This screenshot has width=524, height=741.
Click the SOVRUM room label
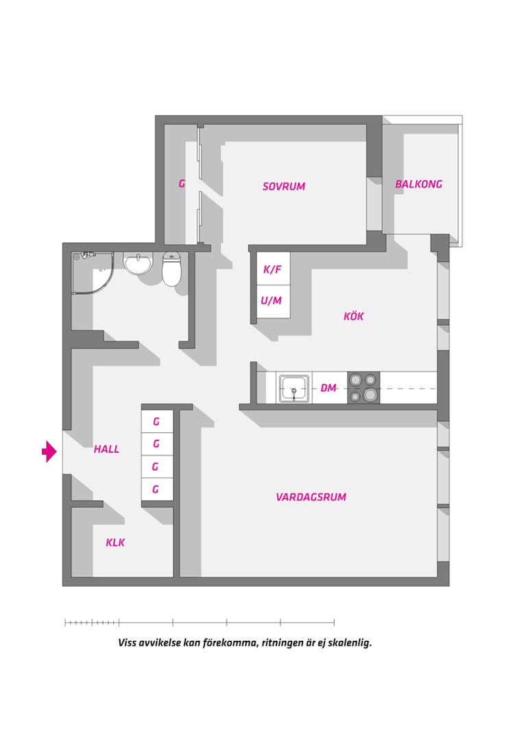click(283, 186)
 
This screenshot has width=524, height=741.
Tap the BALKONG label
click(418, 184)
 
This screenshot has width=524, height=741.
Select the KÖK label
click(353, 316)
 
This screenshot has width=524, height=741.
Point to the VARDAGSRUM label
click(311, 497)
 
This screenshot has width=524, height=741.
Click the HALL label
click(106, 449)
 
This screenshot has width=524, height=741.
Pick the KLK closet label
click(115, 542)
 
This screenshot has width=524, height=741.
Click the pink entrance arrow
click(49, 451)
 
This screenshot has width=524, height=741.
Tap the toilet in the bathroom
click(171, 269)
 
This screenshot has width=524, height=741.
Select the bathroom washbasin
click(138, 263)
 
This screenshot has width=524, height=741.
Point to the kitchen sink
click(294, 388)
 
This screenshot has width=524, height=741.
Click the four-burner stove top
click(364, 388)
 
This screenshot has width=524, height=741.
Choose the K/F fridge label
click(272, 270)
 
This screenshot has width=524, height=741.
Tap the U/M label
click(271, 300)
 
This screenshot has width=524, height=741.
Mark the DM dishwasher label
click(329, 388)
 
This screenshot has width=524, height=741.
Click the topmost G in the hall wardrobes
click(156, 421)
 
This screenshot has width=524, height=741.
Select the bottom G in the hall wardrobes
click(156, 489)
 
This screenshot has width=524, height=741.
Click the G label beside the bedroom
click(182, 183)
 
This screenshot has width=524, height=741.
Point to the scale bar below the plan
click(200, 622)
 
